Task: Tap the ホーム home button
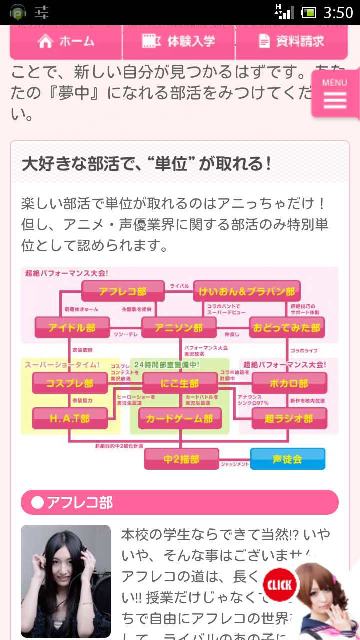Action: coord(66,42)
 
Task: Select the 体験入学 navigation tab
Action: coord(179,42)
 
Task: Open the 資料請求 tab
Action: coord(292,42)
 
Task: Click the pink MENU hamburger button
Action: coord(335,94)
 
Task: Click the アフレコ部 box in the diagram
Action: coord(123,291)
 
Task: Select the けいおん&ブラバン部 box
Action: coord(246,291)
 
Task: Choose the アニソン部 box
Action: coord(179,327)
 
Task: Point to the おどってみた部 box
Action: coord(287,327)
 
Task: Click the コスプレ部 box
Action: coord(70,383)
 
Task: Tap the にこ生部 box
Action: coord(180,383)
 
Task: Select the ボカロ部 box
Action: coord(289,383)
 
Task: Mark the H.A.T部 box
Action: coord(70,418)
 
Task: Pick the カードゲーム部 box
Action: coord(179,418)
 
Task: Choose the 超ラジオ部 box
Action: coord(289,418)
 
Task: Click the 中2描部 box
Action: coord(181,459)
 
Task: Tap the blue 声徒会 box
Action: coord(287,459)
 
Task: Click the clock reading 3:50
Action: coord(338,12)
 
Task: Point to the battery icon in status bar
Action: coord(308,12)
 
